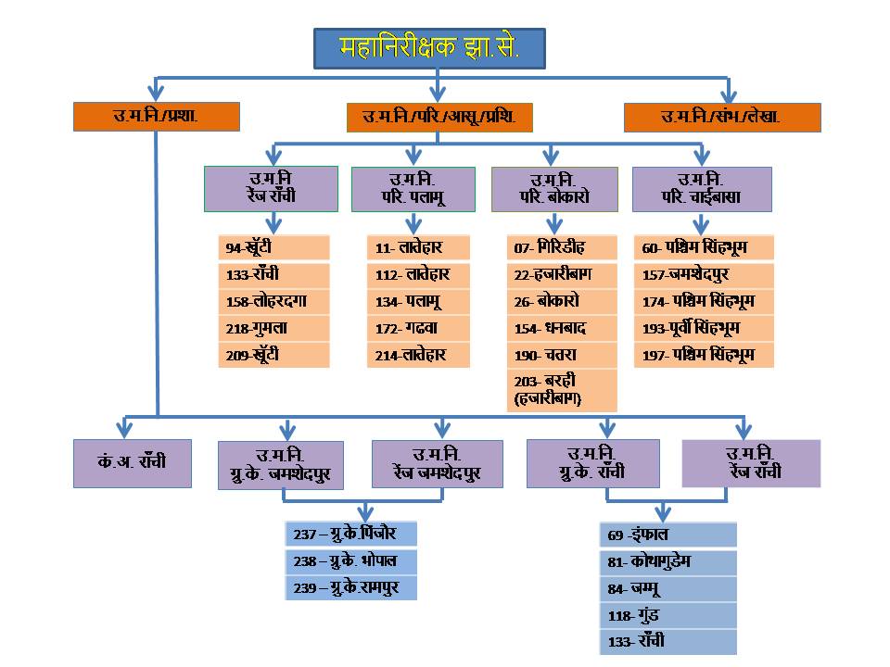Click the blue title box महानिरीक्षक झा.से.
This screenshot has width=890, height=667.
click(429, 49)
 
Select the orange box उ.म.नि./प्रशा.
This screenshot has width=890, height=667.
click(157, 117)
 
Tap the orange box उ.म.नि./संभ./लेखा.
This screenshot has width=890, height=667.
click(722, 118)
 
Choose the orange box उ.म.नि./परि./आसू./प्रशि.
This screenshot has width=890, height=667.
click(439, 118)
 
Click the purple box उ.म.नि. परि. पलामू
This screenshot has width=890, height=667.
click(413, 189)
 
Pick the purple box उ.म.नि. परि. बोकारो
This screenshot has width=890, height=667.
click(554, 189)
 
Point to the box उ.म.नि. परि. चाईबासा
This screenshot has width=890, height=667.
click(702, 189)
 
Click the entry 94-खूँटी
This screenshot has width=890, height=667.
click(274, 247)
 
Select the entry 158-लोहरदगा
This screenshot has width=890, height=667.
click(274, 301)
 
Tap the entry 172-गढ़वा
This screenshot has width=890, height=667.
click(418, 328)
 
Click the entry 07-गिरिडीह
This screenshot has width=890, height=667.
click(562, 247)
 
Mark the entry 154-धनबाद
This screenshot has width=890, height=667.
click(562, 328)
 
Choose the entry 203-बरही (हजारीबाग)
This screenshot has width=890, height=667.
click(562, 390)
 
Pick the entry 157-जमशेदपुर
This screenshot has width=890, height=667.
click(704, 274)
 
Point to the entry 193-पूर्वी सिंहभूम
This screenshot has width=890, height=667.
click(704, 328)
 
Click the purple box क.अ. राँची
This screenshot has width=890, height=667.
click(133, 463)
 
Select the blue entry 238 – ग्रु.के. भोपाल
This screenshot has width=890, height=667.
click(350, 561)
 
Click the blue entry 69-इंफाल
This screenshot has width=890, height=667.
click(668, 535)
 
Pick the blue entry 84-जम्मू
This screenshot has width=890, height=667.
click(668, 589)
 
